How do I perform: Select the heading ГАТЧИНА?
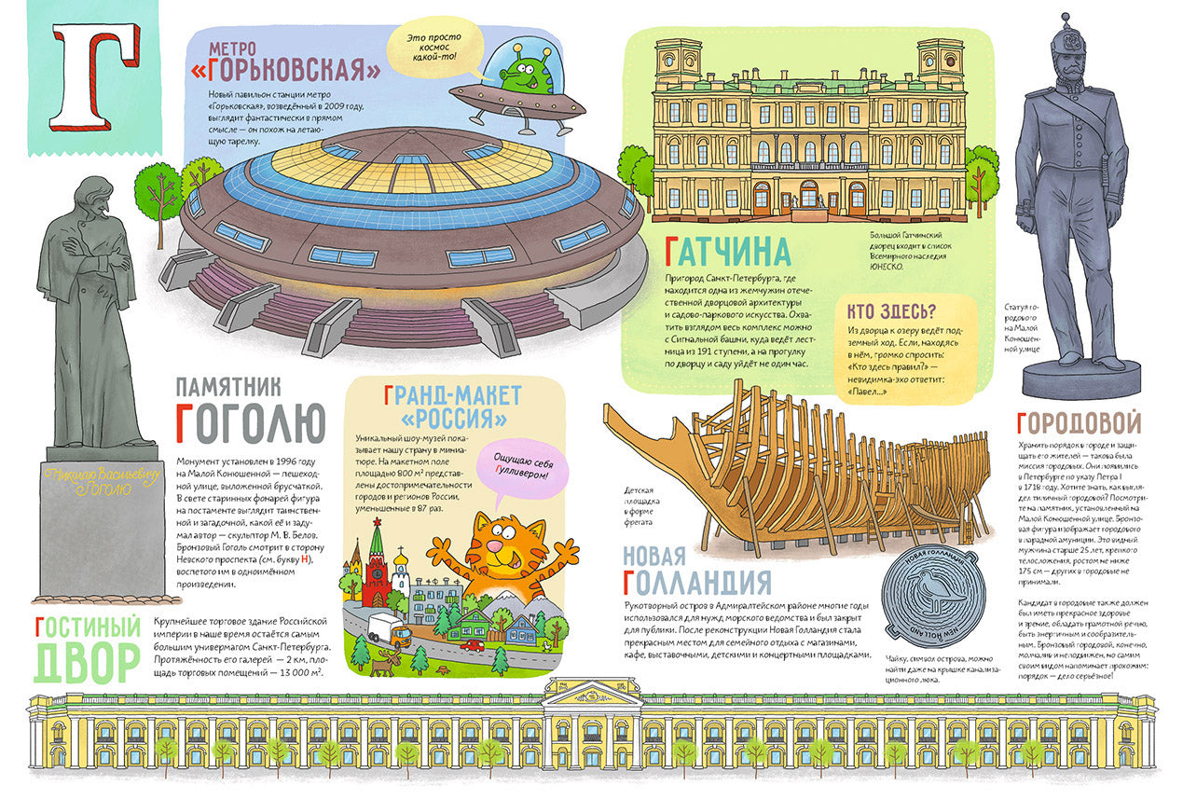(728, 252)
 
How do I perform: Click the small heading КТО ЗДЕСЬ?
(892, 311)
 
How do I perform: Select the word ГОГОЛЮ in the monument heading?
(249, 421)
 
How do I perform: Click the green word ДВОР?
(86, 660)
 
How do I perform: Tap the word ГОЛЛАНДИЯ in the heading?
(696, 582)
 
